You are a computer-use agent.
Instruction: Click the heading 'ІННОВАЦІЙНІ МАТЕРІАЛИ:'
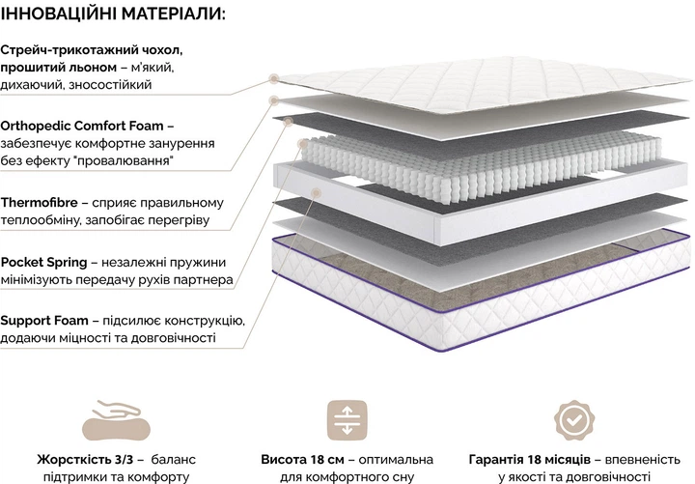pyautogui.click(x=113, y=14)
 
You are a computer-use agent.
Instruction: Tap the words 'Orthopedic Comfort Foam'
pyautogui.click(x=82, y=126)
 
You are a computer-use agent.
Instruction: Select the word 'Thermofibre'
pyautogui.click(x=39, y=203)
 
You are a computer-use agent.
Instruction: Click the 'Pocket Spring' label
pyautogui.click(x=43, y=262)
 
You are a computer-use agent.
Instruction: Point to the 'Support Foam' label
pyautogui.click(x=44, y=321)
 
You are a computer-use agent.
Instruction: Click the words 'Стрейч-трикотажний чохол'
pyautogui.click(x=92, y=50)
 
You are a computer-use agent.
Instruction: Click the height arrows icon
pyautogui.click(x=347, y=420)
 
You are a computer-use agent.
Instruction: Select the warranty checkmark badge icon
pyautogui.click(x=574, y=420)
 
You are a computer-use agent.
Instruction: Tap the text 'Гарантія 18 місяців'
pyautogui.click(x=529, y=460)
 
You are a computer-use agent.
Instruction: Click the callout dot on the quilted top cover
pyautogui.click(x=274, y=79)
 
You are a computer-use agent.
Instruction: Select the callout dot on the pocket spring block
pyautogui.click(x=304, y=144)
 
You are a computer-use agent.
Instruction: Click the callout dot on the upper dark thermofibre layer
pyautogui.click(x=289, y=121)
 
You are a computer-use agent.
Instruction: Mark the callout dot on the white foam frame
pyautogui.click(x=316, y=192)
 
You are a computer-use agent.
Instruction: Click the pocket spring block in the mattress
pyautogui.click(x=481, y=167)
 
